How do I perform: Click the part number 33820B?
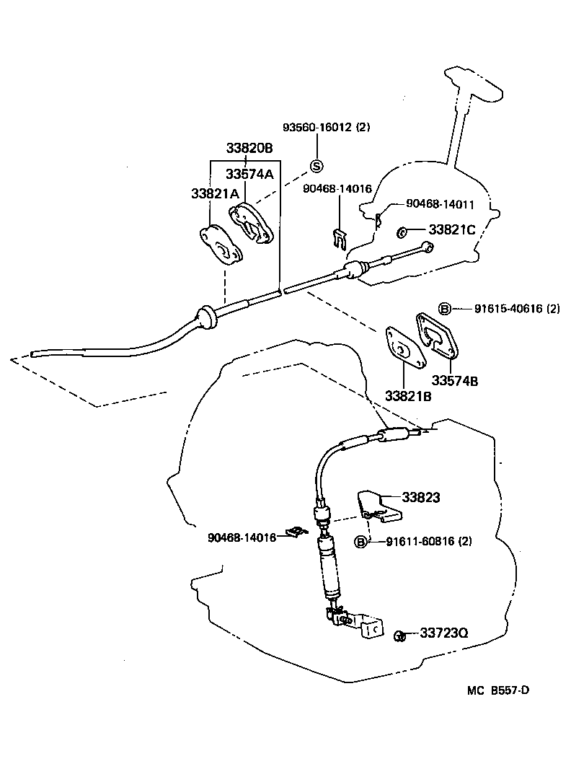pos(249,149)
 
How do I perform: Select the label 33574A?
pos(249,174)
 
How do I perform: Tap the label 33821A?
pos(215,193)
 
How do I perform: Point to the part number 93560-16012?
pos(318,128)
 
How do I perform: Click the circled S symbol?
pos(317,166)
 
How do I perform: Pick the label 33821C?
pos(452,230)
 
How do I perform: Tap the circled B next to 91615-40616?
pos(445,309)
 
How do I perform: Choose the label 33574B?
pos(455,380)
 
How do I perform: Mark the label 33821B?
pos(407,396)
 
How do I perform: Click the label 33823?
pos(421,497)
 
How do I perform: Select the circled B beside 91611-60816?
pos(360,542)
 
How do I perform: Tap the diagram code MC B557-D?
pos(498,690)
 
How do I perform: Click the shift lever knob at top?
pos(472,84)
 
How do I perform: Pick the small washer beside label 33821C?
pos(402,232)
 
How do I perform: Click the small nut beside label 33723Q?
pos(399,635)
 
